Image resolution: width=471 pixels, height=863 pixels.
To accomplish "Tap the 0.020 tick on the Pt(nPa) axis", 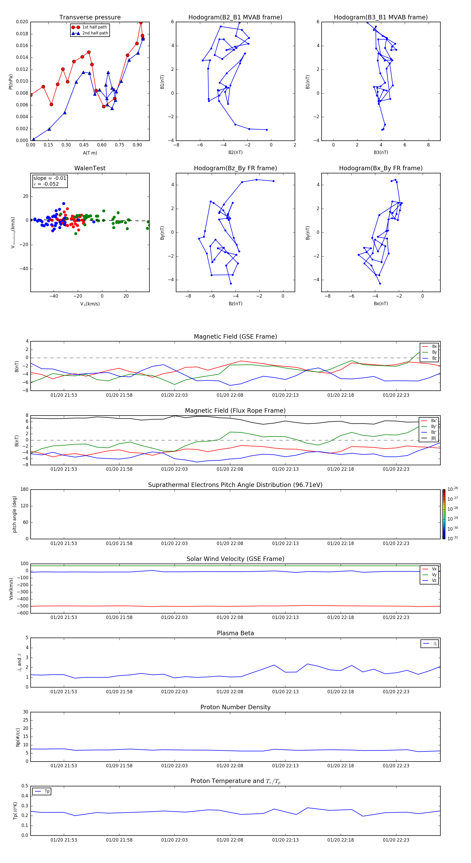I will [22, 22].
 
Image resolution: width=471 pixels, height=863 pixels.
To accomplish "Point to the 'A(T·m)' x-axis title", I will [90, 153].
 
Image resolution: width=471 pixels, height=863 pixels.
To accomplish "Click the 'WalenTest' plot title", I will [90, 168].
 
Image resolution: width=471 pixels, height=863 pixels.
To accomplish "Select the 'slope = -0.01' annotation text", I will [50, 178].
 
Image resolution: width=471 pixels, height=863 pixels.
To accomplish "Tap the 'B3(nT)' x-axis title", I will [381, 152].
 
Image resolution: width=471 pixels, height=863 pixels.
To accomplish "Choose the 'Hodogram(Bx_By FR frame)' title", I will [380, 168].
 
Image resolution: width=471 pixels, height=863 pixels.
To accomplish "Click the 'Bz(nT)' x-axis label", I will [235, 304].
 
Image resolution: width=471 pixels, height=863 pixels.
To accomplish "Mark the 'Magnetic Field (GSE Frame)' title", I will [235, 337].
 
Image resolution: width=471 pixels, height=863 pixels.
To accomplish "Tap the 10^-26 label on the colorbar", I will [453, 489].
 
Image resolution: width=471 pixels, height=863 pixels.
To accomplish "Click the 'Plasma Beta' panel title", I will [235, 633].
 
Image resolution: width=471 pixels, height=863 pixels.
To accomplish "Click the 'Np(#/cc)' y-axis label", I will [18, 737].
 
